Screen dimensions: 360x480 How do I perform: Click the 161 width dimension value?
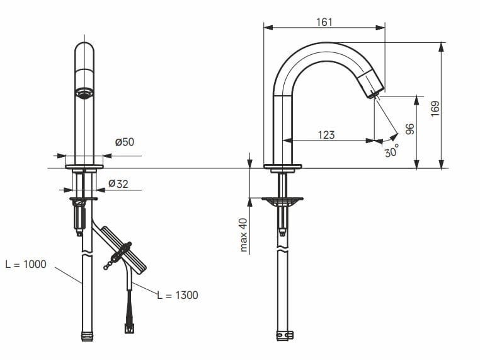click(x=324, y=22)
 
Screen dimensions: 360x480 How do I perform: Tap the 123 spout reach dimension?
click(x=326, y=134)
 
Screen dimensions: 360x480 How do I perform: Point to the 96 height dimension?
click(x=409, y=129)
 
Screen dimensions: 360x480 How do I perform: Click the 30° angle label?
click(x=391, y=151)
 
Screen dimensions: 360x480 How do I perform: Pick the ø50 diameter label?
click(x=124, y=142)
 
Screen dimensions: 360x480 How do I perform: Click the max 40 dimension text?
click(x=243, y=235)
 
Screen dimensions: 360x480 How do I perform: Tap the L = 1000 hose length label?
click(x=26, y=264)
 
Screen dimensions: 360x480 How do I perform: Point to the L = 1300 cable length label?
click(x=177, y=294)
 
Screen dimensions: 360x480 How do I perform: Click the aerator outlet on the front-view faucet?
click(x=84, y=93)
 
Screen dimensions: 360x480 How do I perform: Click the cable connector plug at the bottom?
click(x=129, y=327)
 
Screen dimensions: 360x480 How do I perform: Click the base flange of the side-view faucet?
click(x=282, y=166)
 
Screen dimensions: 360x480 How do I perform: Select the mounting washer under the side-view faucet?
click(x=282, y=202)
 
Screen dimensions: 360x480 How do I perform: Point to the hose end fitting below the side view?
click(x=284, y=334)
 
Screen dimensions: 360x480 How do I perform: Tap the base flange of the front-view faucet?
click(x=84, y=166)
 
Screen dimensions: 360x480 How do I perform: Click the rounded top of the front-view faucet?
click(x=84, y=49)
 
